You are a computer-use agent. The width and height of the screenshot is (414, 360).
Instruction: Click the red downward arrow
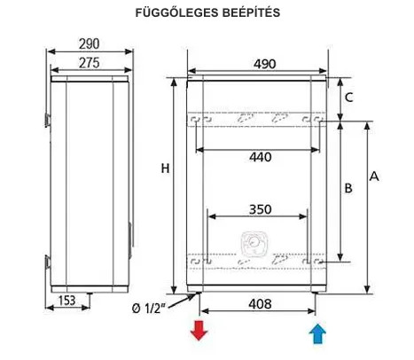199,330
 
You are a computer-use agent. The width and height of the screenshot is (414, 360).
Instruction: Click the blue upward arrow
317,333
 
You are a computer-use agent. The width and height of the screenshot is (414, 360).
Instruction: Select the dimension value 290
89,44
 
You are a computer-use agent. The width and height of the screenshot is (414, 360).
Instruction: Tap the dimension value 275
90,63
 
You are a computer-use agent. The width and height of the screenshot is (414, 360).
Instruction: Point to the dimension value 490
265,64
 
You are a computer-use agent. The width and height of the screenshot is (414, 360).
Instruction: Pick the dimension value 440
261,157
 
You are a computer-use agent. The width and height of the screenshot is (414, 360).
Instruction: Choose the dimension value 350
261,209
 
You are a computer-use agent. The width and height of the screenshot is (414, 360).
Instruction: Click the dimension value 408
260,304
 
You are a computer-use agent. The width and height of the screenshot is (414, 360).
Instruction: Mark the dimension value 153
67,301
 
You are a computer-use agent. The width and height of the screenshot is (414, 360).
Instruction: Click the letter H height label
165,168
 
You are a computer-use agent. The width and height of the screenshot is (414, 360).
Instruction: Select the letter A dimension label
374,176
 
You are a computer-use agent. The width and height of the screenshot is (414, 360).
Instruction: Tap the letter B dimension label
348,188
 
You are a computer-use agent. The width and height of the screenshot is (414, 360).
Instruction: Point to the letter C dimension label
349,98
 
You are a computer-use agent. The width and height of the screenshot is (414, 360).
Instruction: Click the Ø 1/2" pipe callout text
148,309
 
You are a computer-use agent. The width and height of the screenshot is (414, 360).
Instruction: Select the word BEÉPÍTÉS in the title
251,12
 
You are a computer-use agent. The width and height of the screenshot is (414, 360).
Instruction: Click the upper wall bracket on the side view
47,120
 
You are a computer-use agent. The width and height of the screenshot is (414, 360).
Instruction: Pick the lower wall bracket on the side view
47,262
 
